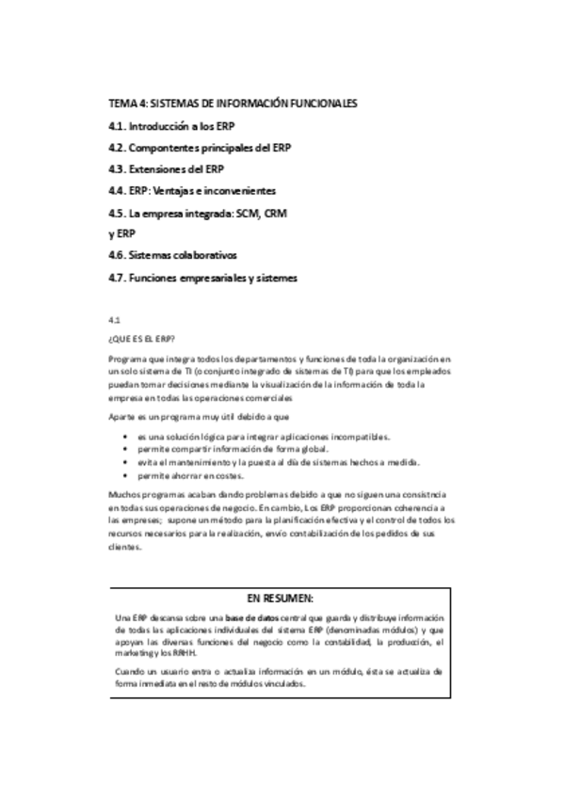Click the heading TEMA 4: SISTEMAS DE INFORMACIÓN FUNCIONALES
click(233, 104)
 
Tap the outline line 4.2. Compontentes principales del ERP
click(200, 148)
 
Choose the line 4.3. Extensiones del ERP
click(166, 169)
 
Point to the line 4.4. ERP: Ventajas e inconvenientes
click(192, 191)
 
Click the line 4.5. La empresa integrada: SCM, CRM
click(197, 213)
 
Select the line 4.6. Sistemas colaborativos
click(172, 256)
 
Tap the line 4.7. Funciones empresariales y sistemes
click(202, 278)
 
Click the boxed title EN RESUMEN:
click(280, 598)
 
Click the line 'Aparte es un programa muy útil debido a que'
click(199, 415)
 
